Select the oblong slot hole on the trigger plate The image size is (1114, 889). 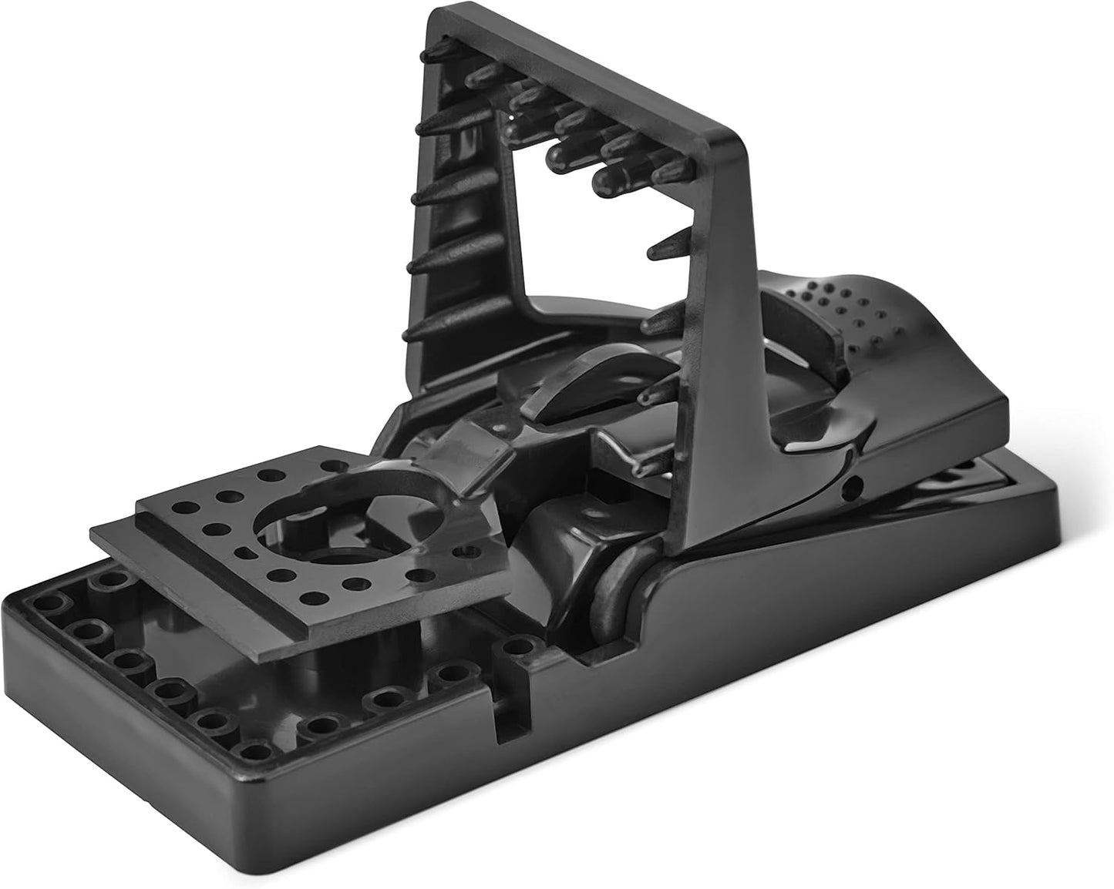click(246, 552)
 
